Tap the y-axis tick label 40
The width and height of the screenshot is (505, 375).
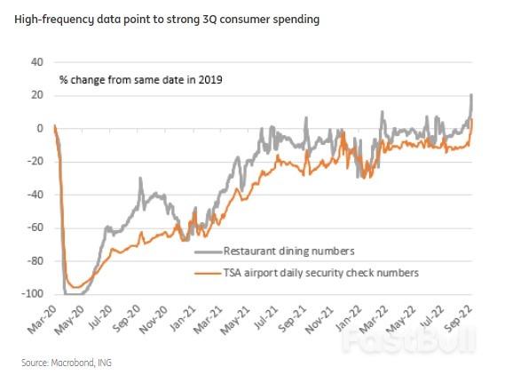(36, 62)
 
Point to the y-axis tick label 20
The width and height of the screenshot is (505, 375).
(36, 95)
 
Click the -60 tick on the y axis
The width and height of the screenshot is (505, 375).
(35, 227)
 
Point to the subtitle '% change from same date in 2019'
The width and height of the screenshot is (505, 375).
(140, 79)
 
